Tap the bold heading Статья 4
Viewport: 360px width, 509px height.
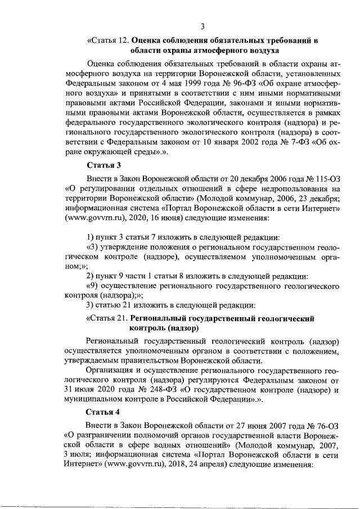coord(103,412)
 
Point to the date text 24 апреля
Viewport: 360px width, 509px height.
coord(175,466)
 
